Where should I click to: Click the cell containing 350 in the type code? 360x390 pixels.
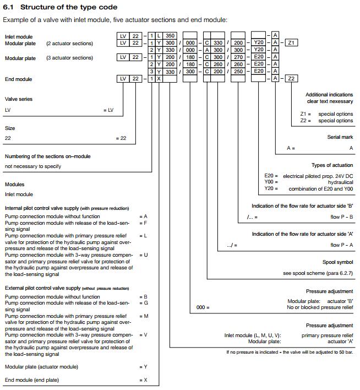coord(170,36)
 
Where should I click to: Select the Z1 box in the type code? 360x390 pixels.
coord(291,43)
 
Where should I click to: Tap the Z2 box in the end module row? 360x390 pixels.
coord(291,79)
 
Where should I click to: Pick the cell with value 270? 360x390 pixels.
coord(238,57)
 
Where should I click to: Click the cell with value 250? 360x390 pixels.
coord(238,72)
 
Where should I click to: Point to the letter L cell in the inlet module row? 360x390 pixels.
coord(159,36)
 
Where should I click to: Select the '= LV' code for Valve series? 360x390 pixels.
coord(108,110)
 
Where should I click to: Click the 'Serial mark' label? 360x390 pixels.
coord(340,137)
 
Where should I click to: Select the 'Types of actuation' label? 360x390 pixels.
coord(332,165)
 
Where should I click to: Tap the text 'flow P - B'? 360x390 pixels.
coord(342,216)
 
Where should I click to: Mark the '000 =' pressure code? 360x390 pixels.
coord(203,307)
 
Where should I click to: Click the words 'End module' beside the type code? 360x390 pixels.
coord(18,79)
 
